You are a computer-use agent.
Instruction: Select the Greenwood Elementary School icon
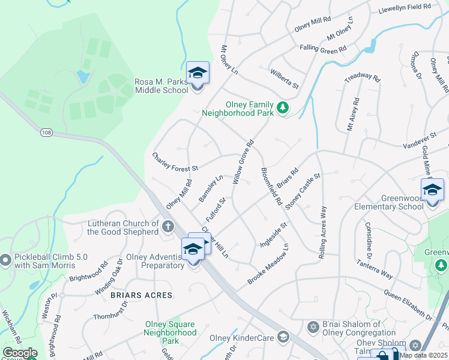point(432,190)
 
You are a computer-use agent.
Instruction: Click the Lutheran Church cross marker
point(168,227)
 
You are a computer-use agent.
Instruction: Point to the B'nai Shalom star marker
point(312,328)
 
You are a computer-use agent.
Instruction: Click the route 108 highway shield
point(46,131)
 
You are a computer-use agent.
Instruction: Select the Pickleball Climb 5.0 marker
point(5,260)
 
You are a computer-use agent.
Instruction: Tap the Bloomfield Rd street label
point(271,187)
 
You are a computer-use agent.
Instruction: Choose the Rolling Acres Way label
point(323,232)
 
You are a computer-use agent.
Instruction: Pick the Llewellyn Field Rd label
point(405,8)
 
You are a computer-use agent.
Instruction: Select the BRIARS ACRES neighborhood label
point(141,295)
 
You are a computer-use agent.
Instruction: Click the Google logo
point(20,353)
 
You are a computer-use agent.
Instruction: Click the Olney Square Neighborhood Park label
point(170,332)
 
